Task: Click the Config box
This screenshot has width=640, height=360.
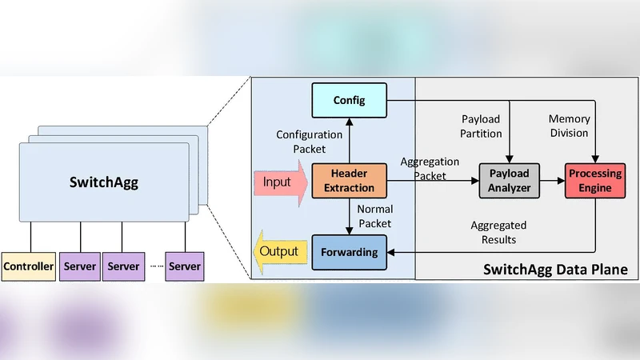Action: [x=350, y=100]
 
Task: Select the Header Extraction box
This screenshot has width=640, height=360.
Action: [x=349, y=182]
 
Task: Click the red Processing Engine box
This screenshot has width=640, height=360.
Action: [x=595, y=182]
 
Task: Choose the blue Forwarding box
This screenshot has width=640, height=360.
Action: [x=350, y=252]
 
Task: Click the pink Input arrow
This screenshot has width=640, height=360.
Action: [x=280, y=182]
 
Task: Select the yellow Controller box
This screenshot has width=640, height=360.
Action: [x=28, y=266]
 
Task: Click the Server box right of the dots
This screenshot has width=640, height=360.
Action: [x=184, y=266]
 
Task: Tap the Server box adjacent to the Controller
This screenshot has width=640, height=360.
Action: [x=79, y=266]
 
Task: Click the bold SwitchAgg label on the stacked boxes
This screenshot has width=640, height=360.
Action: [x=104, y=182]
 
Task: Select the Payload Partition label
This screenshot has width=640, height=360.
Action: [x=482, y=126]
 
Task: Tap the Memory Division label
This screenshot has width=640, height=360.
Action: [x=569, y=126]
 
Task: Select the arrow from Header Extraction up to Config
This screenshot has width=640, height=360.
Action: [x=350, y=139]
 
